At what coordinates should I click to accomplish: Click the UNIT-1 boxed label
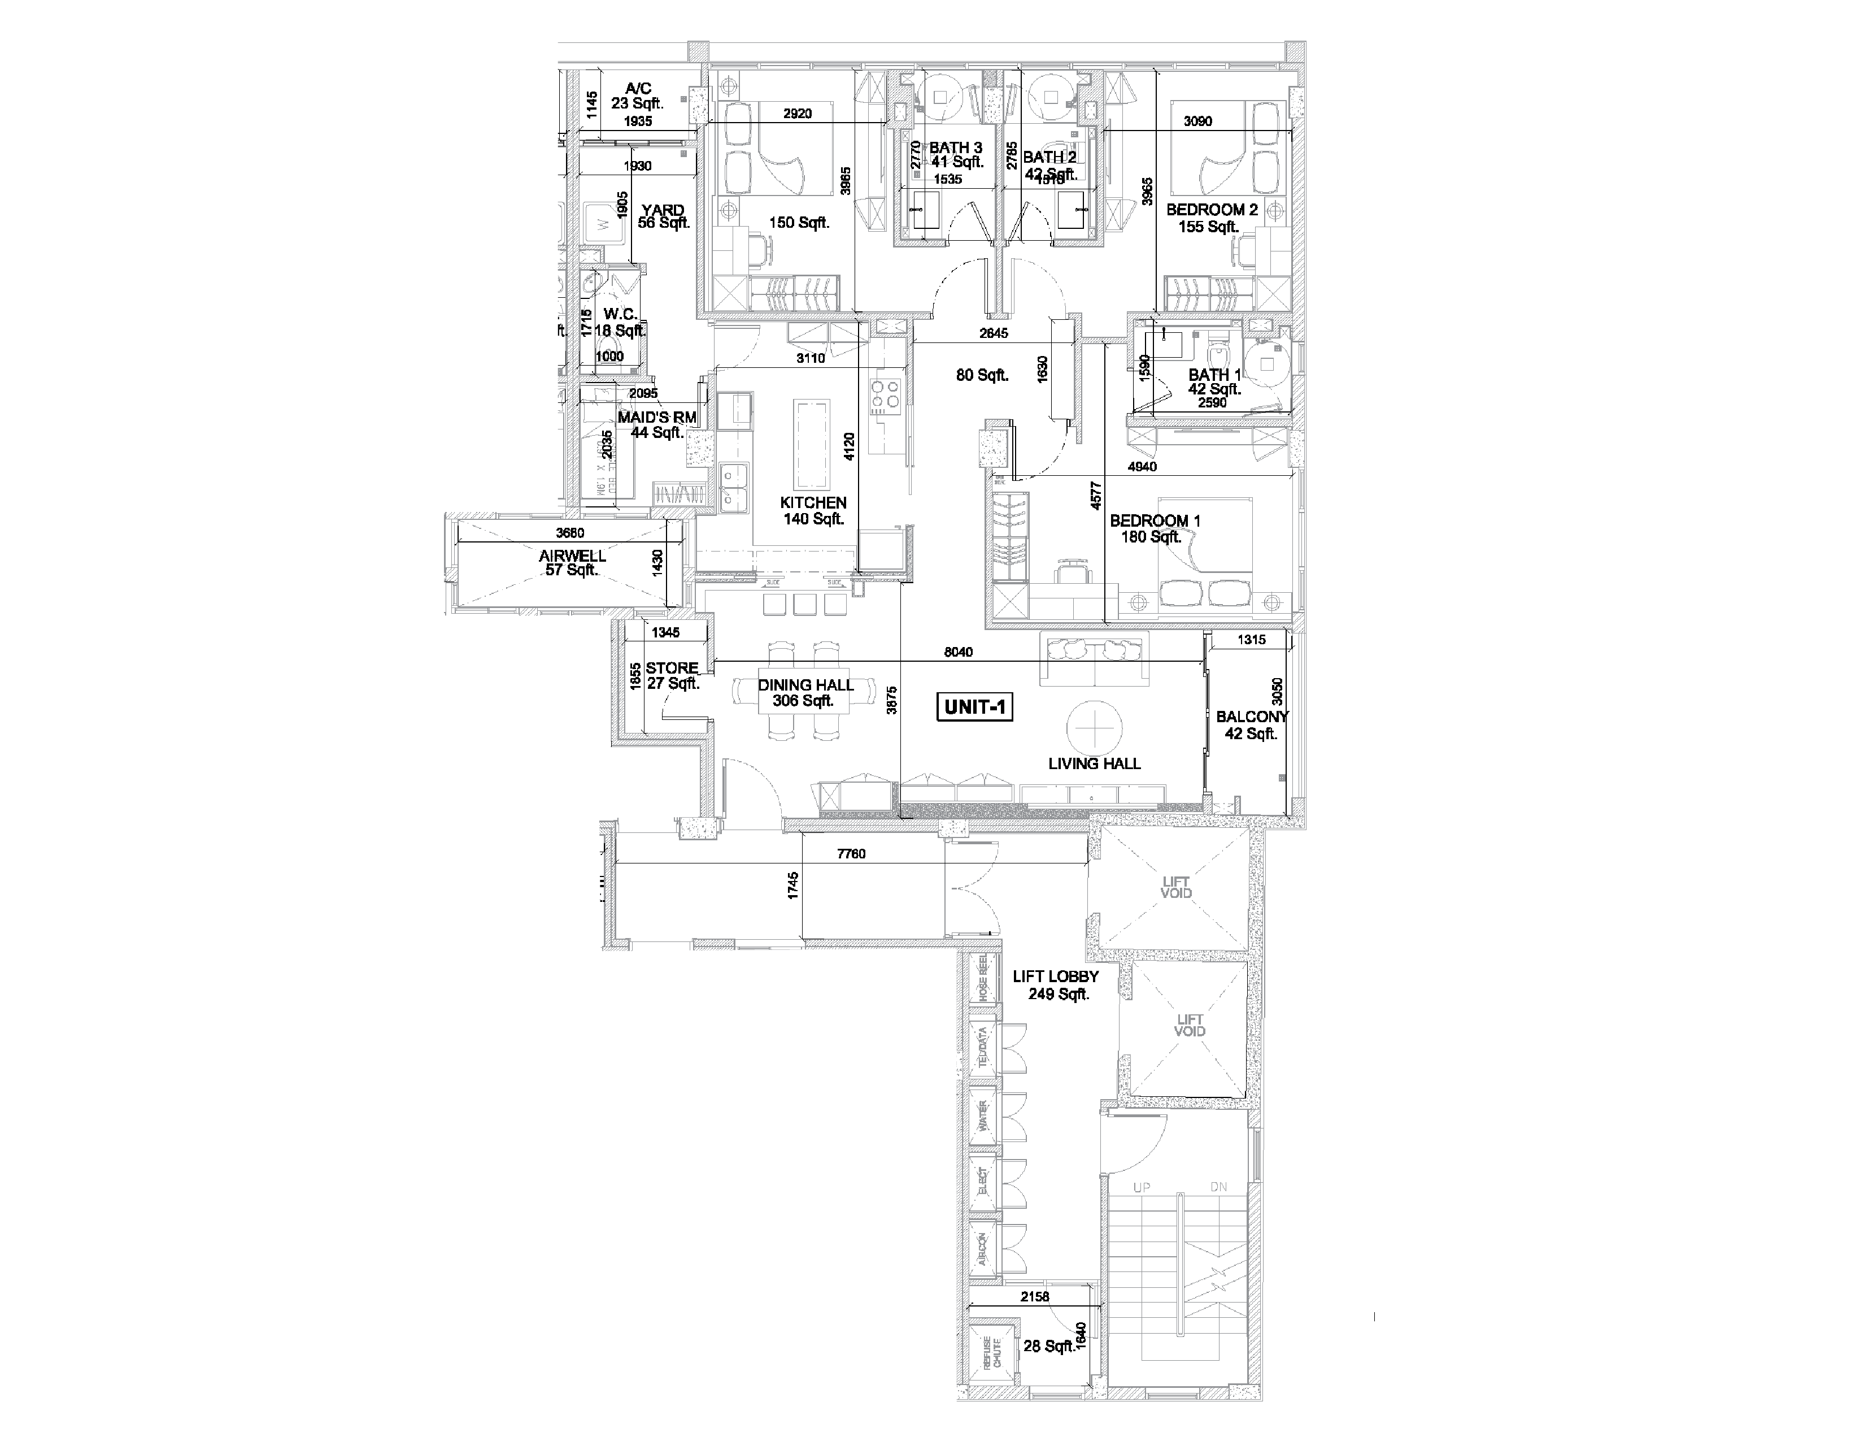point(975,707)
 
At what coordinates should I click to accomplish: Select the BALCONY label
point(1251,717)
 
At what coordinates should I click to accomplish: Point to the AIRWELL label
point(573,555)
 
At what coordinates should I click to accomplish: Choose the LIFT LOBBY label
point(1056,976)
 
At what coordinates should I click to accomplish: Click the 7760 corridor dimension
point(851,854)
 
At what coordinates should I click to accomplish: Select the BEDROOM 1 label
point(1155,521)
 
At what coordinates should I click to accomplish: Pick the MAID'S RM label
point(657,418)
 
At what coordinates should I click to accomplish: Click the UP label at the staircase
point(1141,1187)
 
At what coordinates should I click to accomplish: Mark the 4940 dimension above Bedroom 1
point(1142,467)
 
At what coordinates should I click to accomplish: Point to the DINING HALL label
point(805,685)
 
